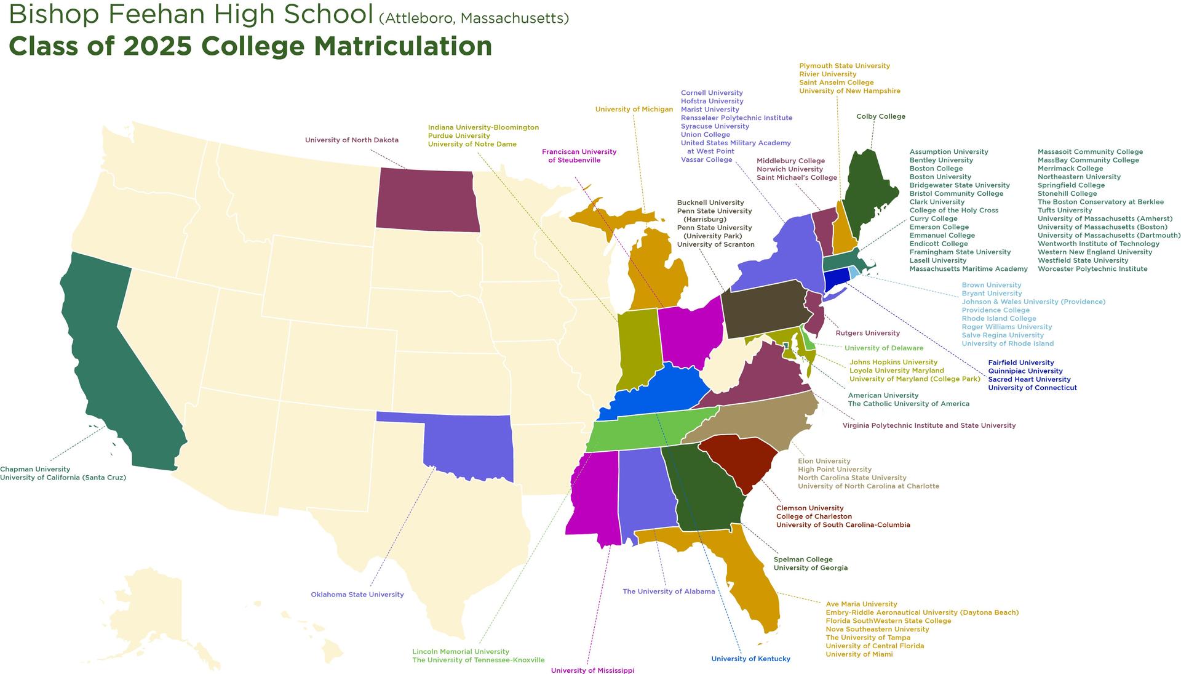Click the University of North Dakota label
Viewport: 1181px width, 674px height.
pos(351,140)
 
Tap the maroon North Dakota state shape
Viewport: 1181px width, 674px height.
pos(427,200)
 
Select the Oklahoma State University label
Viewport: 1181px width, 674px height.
pos(357,595)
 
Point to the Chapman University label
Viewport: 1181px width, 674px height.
pos(35,469)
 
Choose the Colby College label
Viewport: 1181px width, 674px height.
pos(880,116)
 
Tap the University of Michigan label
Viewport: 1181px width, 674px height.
pos(634,110)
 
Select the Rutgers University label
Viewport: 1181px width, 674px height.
pos(867,333)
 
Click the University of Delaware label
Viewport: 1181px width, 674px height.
pos(883,348)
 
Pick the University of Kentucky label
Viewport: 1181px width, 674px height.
pos(750,659)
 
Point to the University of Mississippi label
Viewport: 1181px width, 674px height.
pos(592,670)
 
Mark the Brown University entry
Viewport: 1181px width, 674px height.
pos(991,285)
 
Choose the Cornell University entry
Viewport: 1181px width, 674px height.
pos(712,93)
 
